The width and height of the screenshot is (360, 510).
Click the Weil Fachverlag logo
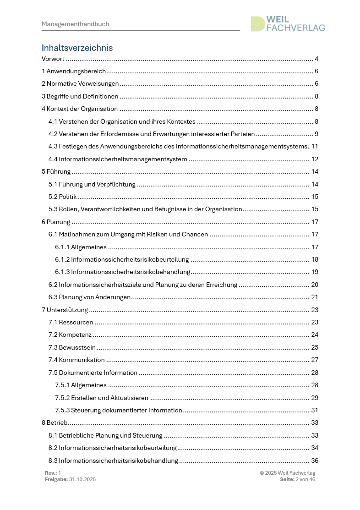click(x=288, y=24)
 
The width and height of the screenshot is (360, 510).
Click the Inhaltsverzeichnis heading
click(x=77, y=48)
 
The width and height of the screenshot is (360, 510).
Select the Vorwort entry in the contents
click(x=53, y=59)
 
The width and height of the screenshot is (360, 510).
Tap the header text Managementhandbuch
click(x=75, y=24)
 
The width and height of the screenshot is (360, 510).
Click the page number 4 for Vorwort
click(x=316, y=59)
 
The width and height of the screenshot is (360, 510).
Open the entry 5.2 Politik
click(x=62, y=197)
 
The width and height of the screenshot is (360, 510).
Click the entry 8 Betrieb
click(x=55, y=422)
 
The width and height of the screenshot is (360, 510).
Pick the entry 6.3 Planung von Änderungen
click(x=89, y=297)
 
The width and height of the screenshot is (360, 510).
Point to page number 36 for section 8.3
click(x=315, y=460)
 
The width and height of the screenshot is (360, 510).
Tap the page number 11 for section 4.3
click(x=315, y=147)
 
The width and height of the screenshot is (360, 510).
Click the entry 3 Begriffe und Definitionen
click(x=80, y=96)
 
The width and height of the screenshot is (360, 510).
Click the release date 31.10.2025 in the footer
click(x=82, y=479)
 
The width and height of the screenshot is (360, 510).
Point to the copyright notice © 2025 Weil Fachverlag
click(x=287, y=473)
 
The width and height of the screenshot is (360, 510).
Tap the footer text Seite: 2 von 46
click(x=297, y=479)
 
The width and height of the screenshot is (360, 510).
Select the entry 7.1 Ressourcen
click(x=71, y=322)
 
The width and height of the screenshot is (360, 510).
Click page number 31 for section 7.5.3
click(x=315, y=410)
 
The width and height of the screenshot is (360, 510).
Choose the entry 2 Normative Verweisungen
click(x=80, y=84)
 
